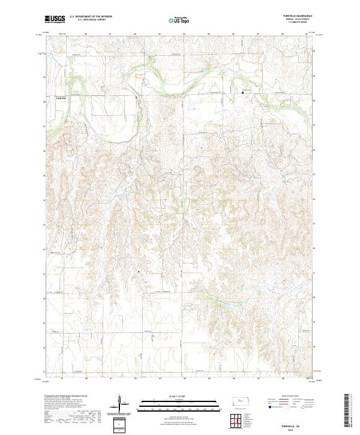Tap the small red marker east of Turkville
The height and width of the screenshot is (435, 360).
(136, 97)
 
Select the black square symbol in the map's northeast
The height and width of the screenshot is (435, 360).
(242, 92)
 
